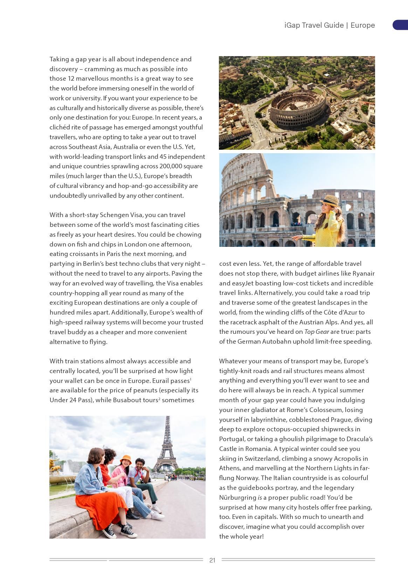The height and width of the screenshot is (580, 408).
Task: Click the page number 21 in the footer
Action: (212, 560)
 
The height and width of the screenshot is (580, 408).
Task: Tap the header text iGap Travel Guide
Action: (314, 25)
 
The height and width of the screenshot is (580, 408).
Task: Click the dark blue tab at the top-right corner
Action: (400, 25)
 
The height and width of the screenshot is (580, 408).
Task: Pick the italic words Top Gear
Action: (316, 332)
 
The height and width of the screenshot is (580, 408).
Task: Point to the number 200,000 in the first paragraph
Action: (171, 166)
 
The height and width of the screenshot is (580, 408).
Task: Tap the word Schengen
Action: (112, 215)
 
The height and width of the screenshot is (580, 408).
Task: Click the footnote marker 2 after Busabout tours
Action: (159, 398)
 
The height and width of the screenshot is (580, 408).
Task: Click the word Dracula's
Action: (360, 439)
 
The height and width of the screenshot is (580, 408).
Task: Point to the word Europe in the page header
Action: (362, 25)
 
